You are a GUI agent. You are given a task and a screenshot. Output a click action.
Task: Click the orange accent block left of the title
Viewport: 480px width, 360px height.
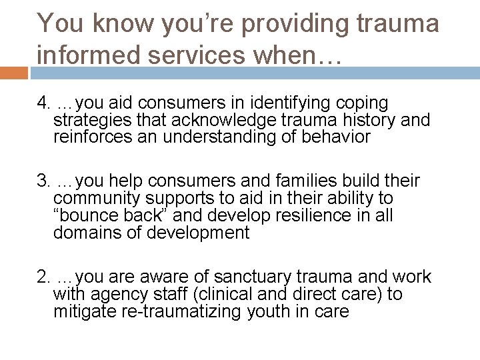click(13, 71)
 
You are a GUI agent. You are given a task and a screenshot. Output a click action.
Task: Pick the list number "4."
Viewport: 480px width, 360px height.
click(45, 104)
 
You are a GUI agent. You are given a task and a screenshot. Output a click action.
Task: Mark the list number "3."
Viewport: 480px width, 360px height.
click(45, 181)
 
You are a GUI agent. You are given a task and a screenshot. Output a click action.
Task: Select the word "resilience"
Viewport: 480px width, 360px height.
click(313, 216)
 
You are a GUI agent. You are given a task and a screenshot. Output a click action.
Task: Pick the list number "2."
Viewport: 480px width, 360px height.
click(45, 277)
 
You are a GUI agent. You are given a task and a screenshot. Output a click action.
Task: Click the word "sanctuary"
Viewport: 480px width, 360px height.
click(267, 277)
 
